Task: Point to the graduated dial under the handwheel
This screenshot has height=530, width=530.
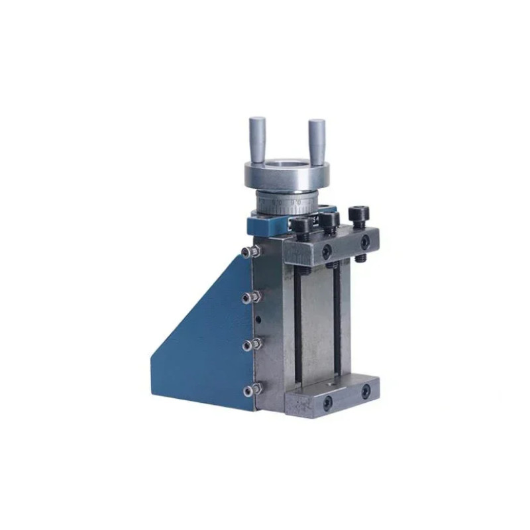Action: tap(285, 200)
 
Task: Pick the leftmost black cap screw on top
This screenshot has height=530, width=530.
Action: tap(302, 229)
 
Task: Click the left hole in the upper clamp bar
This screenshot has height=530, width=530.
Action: tap(327, 250)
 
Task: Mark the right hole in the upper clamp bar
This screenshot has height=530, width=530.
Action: tap(364, 242)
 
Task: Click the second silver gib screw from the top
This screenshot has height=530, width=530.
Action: tap(248, 297)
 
